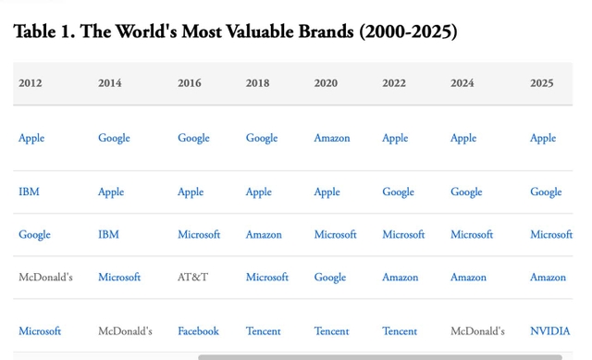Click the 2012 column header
(31, 83)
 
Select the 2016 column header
(190, 83)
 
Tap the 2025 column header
(542, 83)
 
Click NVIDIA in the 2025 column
(550, 331)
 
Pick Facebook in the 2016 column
(198, 331)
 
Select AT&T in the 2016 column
(192, 278)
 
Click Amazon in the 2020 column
(331, 139)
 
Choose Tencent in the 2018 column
(263, 331)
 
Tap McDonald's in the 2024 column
(477, 331)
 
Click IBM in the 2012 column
(29, 192)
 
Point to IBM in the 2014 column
(108, 235)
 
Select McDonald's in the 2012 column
(45, 278)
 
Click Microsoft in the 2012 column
(40, 331)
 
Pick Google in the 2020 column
(329, 278)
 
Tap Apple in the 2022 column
(395, 139)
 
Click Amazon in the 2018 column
(264, 235)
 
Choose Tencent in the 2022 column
(400, 331)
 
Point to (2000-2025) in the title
(408, 31)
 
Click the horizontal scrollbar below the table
(379, 356)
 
